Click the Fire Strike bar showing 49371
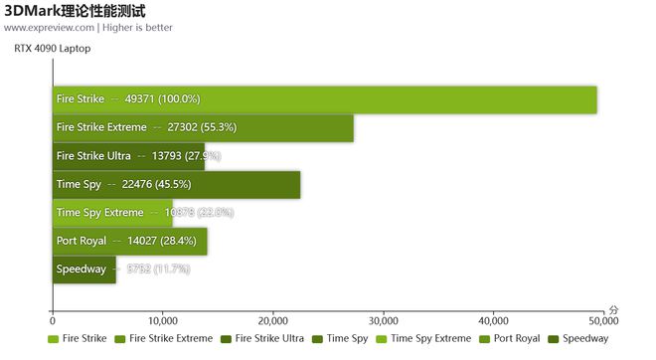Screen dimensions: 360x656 (324, 99)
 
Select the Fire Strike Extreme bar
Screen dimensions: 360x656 (203, 128)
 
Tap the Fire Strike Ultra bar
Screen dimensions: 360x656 (128, 156)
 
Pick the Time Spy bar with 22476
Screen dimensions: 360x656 (176, 185)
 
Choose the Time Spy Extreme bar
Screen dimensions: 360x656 (112, 213)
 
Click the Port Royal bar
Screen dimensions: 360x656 (130, 242)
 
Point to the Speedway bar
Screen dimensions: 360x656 (84, 270)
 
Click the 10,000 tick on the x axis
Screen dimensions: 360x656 (162, 321)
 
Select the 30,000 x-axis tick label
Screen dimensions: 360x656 (383, 321)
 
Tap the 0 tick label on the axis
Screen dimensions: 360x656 (53, 321)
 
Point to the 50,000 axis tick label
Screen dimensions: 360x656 (602, 321)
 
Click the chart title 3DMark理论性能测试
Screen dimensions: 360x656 (76, 11)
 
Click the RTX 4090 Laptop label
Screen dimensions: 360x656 (52, 48)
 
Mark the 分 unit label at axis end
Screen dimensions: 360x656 (613, 311)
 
